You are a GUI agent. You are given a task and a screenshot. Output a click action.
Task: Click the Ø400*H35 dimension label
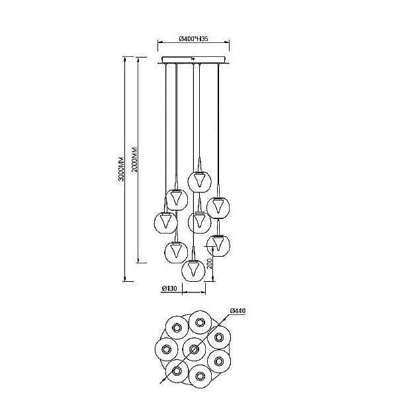coord(193,39)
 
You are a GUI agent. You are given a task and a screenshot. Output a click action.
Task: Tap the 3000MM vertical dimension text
coord(122,168)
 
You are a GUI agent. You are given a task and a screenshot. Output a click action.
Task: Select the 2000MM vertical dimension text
coord(135,159)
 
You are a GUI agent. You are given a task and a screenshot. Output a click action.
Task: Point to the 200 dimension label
coord(210,264)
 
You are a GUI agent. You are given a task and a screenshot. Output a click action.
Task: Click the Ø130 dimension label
coord(169,288)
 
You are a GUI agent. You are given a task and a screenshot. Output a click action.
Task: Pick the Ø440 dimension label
coord(238,311)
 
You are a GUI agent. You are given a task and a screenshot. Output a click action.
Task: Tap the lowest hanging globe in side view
coord(193,271)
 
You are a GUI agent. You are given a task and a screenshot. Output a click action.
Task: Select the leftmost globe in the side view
coord(166,222)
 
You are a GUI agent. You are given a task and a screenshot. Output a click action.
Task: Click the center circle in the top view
coord(194,349)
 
